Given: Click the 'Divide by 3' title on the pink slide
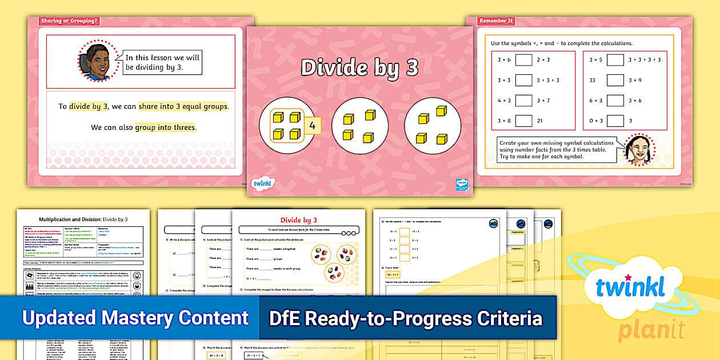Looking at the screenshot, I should coord(359,67).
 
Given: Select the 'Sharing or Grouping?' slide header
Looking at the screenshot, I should coord(69,22).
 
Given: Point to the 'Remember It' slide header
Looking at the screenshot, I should coord(497,21).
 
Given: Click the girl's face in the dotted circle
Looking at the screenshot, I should coord(639,150).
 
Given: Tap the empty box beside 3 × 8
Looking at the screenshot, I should coord(523,121).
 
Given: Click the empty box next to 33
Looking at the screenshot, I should coord(615,81).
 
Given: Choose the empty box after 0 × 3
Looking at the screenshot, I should coord(615,121).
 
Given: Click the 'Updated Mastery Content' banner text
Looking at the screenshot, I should coord(135,318).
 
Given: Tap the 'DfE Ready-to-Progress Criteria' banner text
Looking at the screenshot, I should coord(405,318).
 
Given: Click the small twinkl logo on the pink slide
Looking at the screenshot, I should coord(263,183).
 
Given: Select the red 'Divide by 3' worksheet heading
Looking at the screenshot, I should coord(299,220).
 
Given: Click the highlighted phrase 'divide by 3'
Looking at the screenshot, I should coord(89,106).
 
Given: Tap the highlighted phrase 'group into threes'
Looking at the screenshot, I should coord(165,127).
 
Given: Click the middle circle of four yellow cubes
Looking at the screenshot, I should coord(359,127).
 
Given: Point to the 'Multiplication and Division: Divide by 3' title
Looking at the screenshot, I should coord(83,219).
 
